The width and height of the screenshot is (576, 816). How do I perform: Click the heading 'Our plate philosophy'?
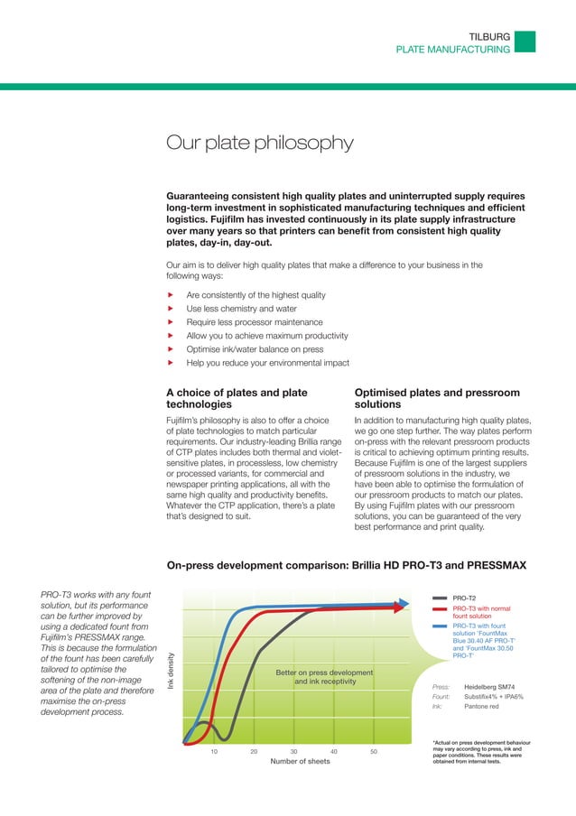point(260,144)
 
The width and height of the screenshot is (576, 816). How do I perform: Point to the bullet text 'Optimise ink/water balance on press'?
point(256,349)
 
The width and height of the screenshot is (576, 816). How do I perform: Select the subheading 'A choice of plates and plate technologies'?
point(237,400)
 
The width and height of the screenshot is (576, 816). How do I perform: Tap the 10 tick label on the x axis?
point(214,751)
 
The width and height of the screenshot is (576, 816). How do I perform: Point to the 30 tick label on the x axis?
point(294,751)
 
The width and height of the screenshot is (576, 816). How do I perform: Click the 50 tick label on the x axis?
point(374,751)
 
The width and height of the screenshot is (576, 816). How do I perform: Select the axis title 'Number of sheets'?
point(301,762)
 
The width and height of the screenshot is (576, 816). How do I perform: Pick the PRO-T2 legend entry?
point(465,598)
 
